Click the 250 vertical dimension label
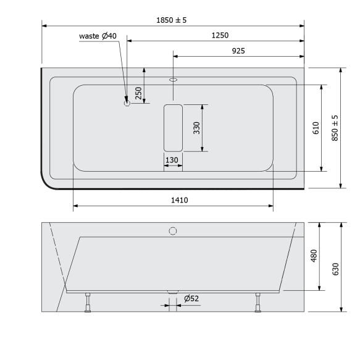(x=139, y=92)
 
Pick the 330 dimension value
(x=196, y=128)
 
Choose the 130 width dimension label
(x=172, y=160)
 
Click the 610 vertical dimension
(x=315, y=128)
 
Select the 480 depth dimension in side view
(x=313, y=255)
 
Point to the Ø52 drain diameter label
(x=191, y=299)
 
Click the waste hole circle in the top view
(x=127, y=104)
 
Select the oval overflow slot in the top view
(x=173, y=80)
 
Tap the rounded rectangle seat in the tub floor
(x=173, y=128)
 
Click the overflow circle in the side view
(x=173, y=231)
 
